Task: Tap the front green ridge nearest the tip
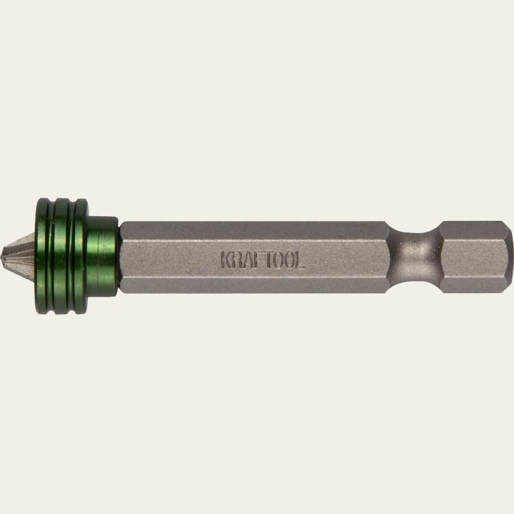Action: (42, 256)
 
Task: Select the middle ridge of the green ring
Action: (61, 256)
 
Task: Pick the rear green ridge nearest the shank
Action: (81, 256)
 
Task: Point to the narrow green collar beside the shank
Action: (103, 256)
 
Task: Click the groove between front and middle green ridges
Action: (51, 256)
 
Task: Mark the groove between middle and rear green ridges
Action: (72, 256)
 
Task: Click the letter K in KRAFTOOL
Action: (226, 259)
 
